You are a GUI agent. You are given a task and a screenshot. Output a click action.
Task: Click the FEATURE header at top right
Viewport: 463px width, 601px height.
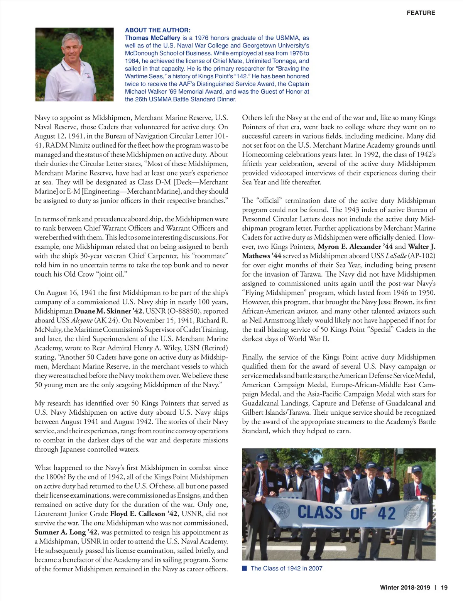pyautogui.click(x=421, y=13)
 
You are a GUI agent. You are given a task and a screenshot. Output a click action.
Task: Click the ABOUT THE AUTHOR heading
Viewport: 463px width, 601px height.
pyautogui.click(x=157, y=30)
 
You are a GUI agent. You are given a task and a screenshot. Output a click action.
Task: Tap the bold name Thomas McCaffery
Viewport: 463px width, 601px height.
pyautogui.click(x=152, y=38)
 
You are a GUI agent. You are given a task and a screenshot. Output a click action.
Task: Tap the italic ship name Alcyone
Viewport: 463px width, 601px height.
pyautogui.click(x=82, y=320)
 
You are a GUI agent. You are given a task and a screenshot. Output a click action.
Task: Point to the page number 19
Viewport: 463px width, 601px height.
pyautogui.click(x=444, y=587)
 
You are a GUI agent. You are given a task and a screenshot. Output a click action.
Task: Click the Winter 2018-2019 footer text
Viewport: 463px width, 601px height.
pyautogui.click(x=405, y=587)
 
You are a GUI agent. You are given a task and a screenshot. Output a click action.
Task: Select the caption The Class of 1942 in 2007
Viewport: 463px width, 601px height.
pyautogui.click(x=286, y=568)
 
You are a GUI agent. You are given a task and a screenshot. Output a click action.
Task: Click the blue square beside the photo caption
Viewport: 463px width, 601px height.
pyautogui.click(x=244, y=568)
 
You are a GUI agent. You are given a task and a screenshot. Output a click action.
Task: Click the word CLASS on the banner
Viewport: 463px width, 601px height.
pyautogui.click(x=319, y=512)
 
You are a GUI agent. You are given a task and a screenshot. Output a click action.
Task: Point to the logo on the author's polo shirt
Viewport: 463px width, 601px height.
pyautogui.click(x=89, y=76)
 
